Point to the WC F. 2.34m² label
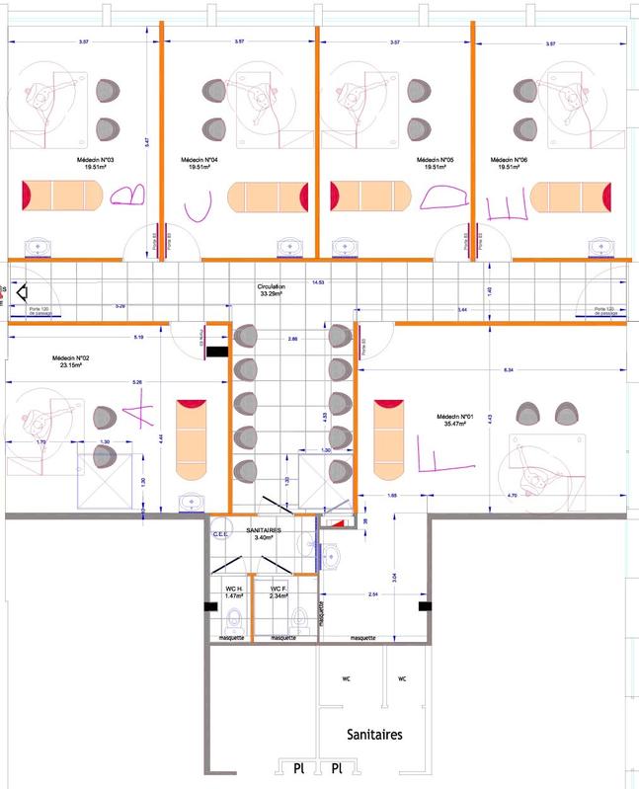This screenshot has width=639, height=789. click(279, 592)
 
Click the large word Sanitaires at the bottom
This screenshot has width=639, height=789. click(373, 736)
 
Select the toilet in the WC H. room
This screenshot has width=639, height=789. click(235, 621)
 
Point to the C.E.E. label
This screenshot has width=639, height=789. click(221, 534)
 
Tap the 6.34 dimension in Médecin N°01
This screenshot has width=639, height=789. click(508, 369)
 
